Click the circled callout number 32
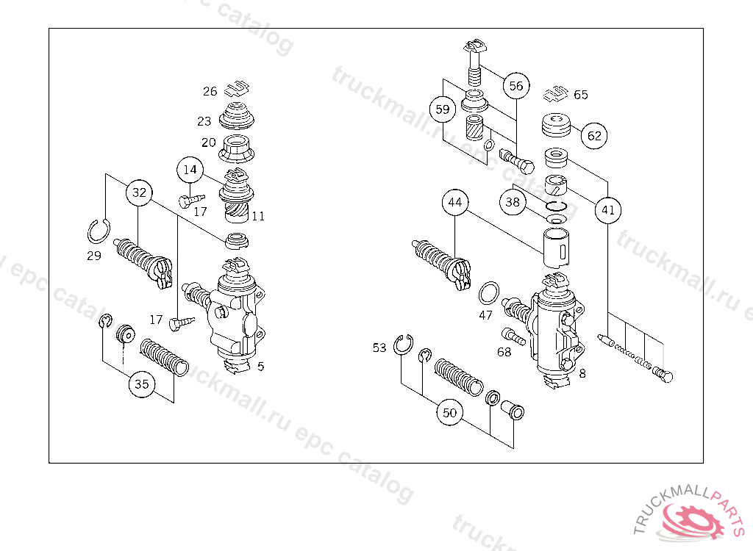(140, 194)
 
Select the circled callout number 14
(190, 170)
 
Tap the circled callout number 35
(141, 383)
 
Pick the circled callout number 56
(516, 86)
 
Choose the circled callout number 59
(442, 110)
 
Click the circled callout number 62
(594, 136)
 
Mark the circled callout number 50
(449, 413)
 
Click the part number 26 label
(210, 92)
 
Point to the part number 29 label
(94, 256)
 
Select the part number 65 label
(581, 95)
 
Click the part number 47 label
(485, 315)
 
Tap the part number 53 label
(379, 347)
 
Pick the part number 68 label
(504, 353)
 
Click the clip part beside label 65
(556, 94)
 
